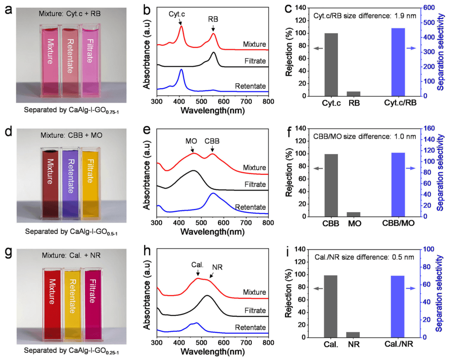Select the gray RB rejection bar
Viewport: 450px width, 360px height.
354,94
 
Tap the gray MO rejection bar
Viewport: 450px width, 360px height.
354,214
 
